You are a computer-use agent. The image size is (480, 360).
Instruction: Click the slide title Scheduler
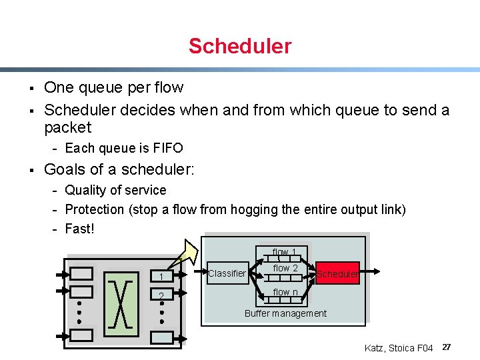point(240,46)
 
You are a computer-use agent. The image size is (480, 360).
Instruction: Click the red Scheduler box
point(337,273)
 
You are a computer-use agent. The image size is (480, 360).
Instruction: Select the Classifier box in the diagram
point(227,273)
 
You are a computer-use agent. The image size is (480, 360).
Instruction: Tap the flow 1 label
point(285,252)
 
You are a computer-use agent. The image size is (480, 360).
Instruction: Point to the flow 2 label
point(285,268)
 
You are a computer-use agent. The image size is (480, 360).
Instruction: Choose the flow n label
point(285,292)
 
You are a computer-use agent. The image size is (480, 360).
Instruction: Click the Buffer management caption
point(285,313)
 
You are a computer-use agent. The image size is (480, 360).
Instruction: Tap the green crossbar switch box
point(122,303)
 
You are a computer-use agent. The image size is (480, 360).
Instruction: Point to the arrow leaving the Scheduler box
point(371,271)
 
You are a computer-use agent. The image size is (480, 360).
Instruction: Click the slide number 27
point(447,347)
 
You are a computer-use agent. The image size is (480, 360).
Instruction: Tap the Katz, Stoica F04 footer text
point(399,348)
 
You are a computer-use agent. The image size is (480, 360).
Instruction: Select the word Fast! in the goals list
point(80,229)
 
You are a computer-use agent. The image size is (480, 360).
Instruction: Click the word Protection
point(95,209)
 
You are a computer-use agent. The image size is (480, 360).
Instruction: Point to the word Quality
point(85,191)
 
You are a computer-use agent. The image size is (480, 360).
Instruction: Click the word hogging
point(254,209)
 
